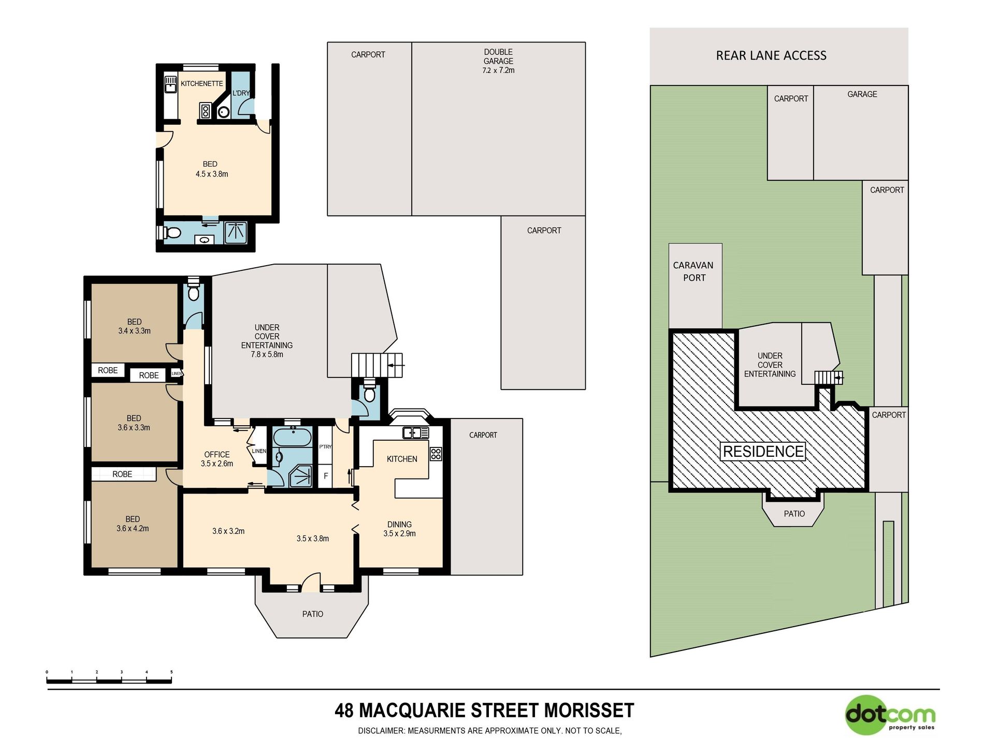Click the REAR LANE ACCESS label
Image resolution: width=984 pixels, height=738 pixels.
click(x=771, y=55)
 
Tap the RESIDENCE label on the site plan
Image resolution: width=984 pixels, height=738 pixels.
click(x=763, y=452)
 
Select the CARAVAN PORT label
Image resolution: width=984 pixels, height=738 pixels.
click(x=693, y=271)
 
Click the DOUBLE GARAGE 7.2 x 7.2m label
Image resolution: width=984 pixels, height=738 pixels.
click(x=498, y=61)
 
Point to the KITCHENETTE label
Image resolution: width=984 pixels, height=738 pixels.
click(x=201, y=83)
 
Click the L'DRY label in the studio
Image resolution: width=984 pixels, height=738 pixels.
click(x=241, y=93)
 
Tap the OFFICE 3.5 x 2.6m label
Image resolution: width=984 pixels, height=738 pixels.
click(x=217, y=459)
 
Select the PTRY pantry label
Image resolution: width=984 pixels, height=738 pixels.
click(x=325, y=446)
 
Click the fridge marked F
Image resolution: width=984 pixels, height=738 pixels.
click(x=326, y=476)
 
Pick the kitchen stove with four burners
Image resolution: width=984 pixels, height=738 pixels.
click(x=436, y=454)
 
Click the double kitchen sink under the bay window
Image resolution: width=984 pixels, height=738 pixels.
click(x=415, y=432)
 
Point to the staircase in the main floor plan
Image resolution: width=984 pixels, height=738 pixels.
click(x=377, y=366)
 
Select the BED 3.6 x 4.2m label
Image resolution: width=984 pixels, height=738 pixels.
click(x=133, y=524)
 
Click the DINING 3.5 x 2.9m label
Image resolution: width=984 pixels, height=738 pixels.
click(x=399, y=529)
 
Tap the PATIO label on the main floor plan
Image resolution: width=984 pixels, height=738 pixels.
click(x=313, y=614)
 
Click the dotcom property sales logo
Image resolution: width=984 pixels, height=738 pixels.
click(x=890, y=715)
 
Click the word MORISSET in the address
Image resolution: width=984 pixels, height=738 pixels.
click(x=589, y=711)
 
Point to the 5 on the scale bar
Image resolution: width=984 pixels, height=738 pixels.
click(x=171, y=672)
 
